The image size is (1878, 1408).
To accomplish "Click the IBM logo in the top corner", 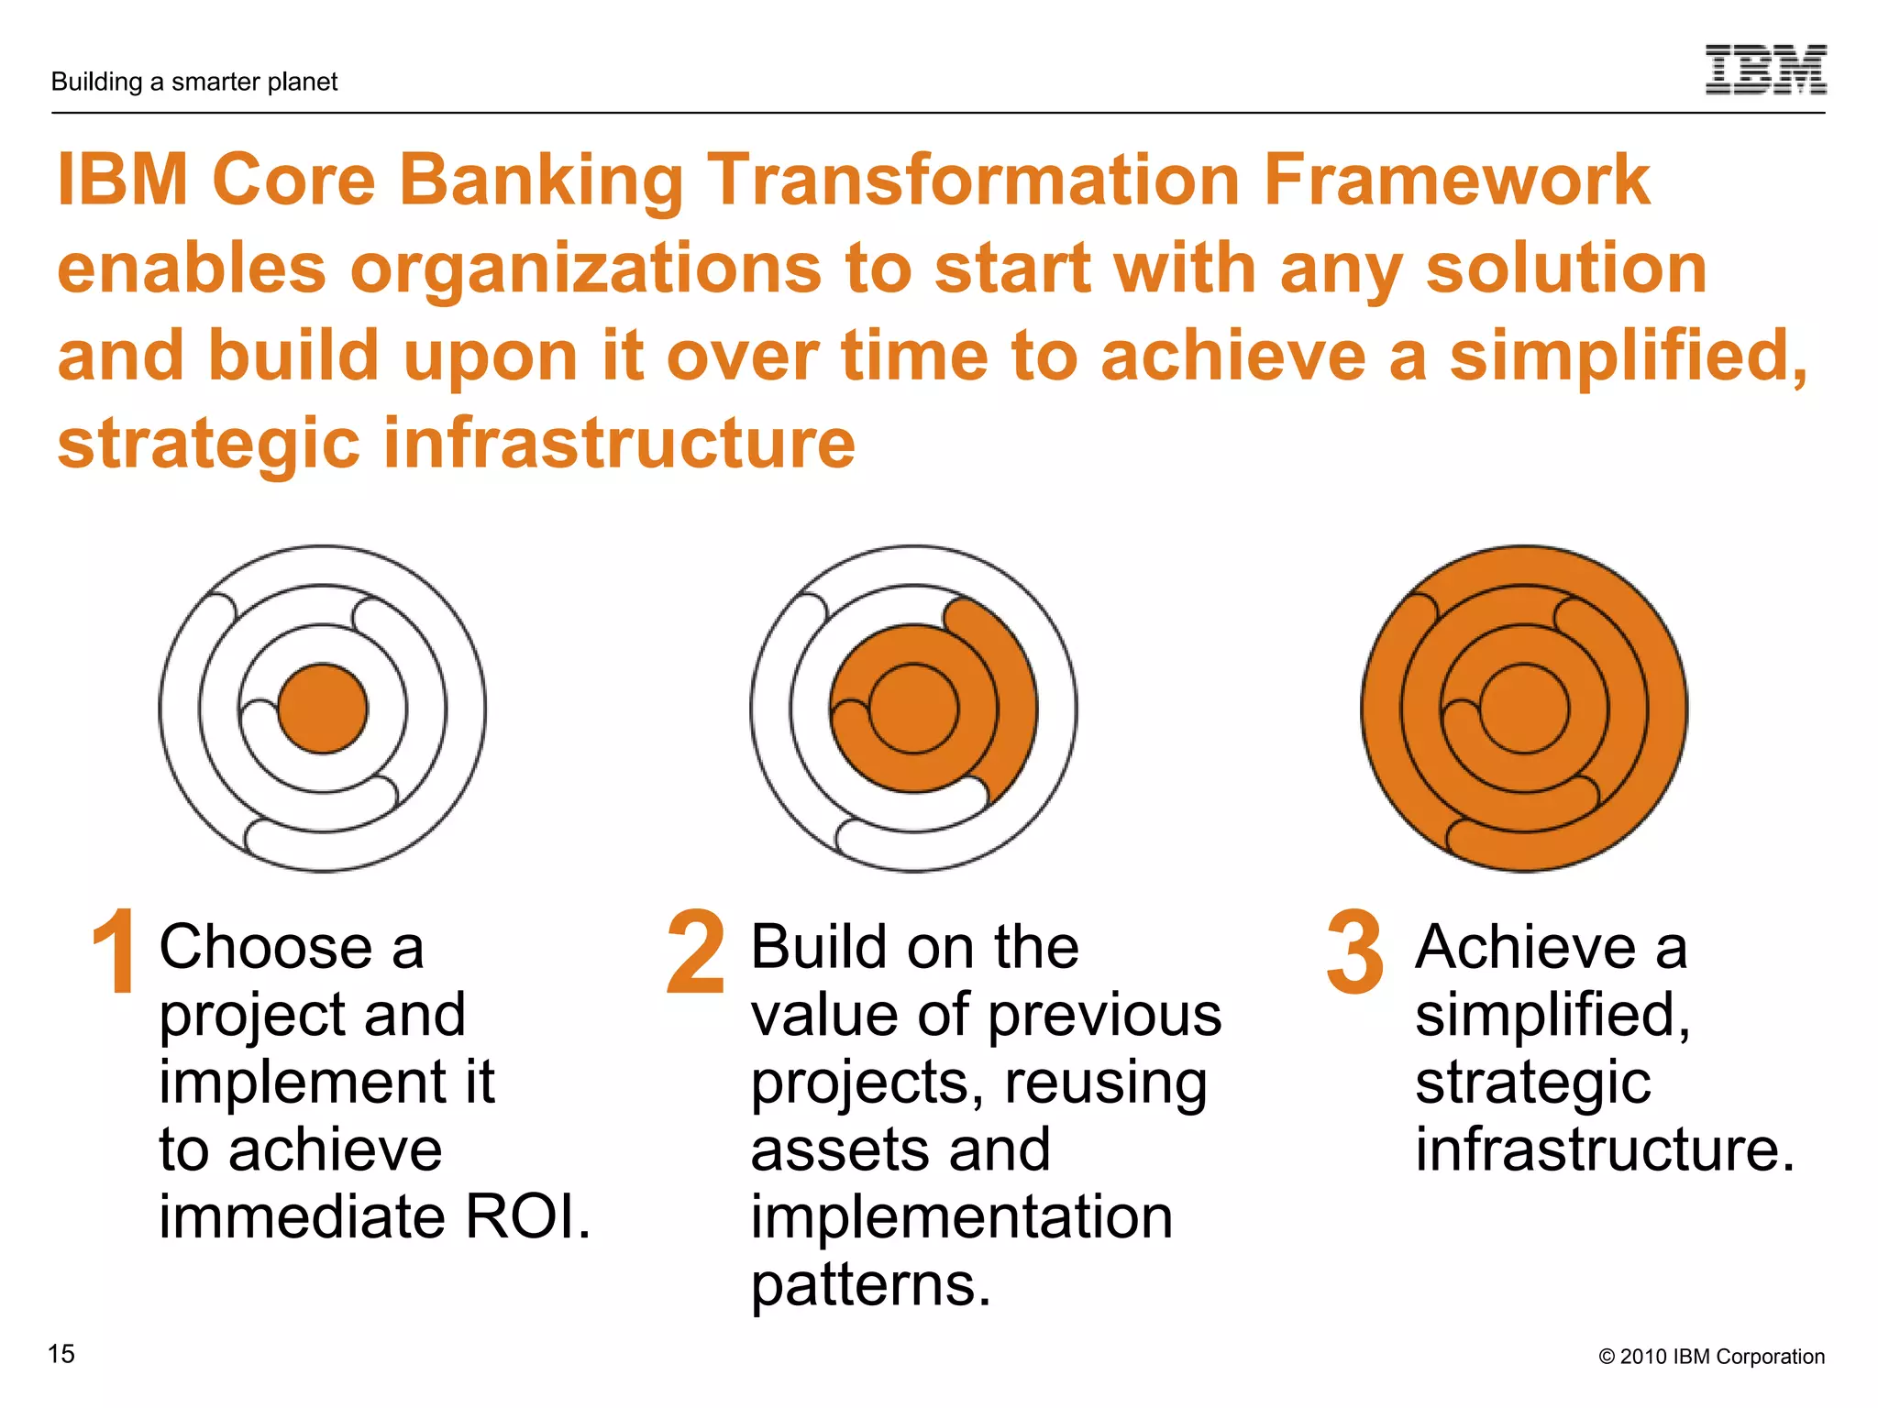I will point(1765,70).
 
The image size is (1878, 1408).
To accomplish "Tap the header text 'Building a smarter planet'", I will point(194,82).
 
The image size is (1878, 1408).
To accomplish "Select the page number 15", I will point(61,1354).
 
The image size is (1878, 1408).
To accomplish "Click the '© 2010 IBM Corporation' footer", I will point(1711,1357).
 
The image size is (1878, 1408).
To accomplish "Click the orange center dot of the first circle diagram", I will point(323,709).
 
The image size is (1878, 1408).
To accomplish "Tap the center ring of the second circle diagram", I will point(913,709).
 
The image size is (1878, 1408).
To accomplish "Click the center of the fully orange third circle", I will point(1524,709).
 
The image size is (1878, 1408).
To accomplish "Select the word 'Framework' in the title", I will point(1456,180).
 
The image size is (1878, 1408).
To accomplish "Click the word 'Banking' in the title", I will point(541,180).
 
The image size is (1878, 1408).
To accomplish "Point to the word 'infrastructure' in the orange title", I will point(619,444).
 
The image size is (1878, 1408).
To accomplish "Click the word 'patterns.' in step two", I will point(871,1285).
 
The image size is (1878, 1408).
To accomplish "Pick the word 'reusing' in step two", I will point(1105,1083).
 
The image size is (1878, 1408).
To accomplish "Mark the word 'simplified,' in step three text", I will point(1552,1016).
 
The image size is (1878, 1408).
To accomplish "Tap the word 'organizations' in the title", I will point(586,269).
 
